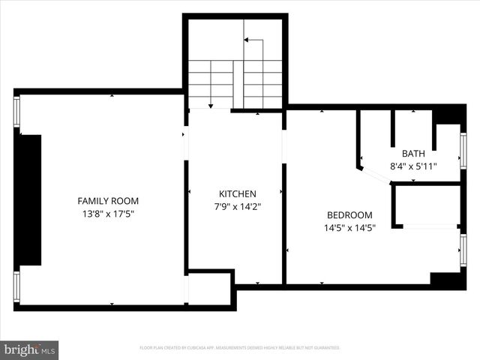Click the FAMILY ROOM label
pyautogui.click(x=108, y=201)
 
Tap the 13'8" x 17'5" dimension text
pyautogui.click(x=108, y=214)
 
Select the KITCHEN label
pyautogui.click(x=237, y=193)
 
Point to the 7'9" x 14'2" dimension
pyautogui.click(x=237, y=206)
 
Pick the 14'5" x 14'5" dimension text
pyautogui.click(x=349, y=227)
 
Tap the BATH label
pyautogui.click(x=413, y=153)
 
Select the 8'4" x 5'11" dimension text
pyautogui.click(x=413, y=166)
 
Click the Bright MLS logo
pyautogui.click(x=30, y=349)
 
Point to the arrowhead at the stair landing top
pyautogui.click(x=247, y=40)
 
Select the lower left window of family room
pyautogui.click(x=16, y=286)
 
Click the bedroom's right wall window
pyautogui.click(x=463, y=250)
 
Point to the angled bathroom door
pyautogui.click(x=374, y=175)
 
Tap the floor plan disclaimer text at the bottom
pyautogui.click(x=240, y=348)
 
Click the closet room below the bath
pyautogui.click(x=426, y=204)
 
